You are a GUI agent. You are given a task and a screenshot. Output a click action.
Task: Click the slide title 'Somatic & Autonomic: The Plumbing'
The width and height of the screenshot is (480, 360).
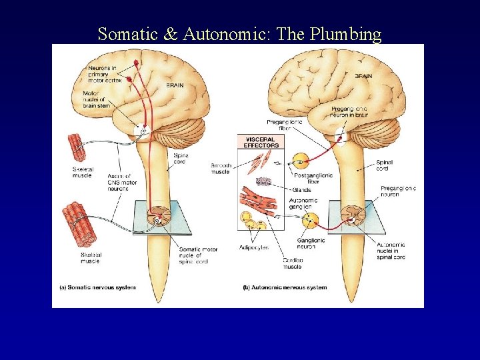(239, 34)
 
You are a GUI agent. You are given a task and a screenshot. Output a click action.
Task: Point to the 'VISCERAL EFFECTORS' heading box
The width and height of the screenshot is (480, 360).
(261, 142)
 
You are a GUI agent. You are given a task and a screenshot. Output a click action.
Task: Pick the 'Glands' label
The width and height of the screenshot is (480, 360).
(301, 190)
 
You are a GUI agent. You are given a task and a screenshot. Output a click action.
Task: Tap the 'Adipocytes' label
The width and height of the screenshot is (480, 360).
(254, 247)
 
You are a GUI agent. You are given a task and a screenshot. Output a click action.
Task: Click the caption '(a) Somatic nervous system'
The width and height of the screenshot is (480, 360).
(97, 288)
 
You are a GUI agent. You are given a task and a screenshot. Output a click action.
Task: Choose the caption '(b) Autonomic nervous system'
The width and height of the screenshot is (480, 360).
(285, 288)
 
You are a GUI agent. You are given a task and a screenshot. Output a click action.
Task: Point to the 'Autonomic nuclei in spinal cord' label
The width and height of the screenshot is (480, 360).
(390, 251)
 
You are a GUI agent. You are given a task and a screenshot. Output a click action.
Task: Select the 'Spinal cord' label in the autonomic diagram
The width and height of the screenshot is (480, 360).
(385, 165)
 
